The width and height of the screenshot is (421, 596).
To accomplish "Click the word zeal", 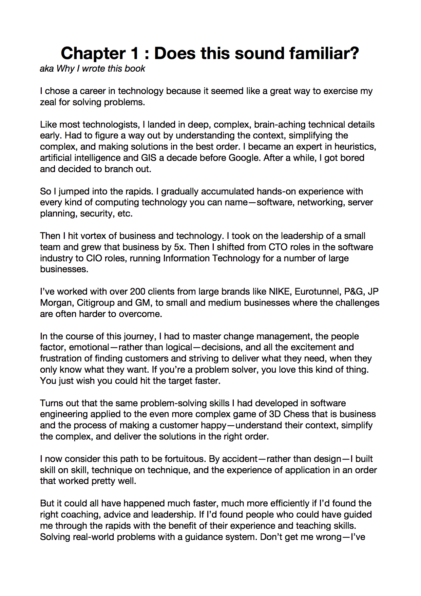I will (48, 102).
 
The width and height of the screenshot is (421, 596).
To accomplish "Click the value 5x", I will (179, 247).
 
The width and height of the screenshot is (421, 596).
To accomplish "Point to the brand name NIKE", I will (280, 292).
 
